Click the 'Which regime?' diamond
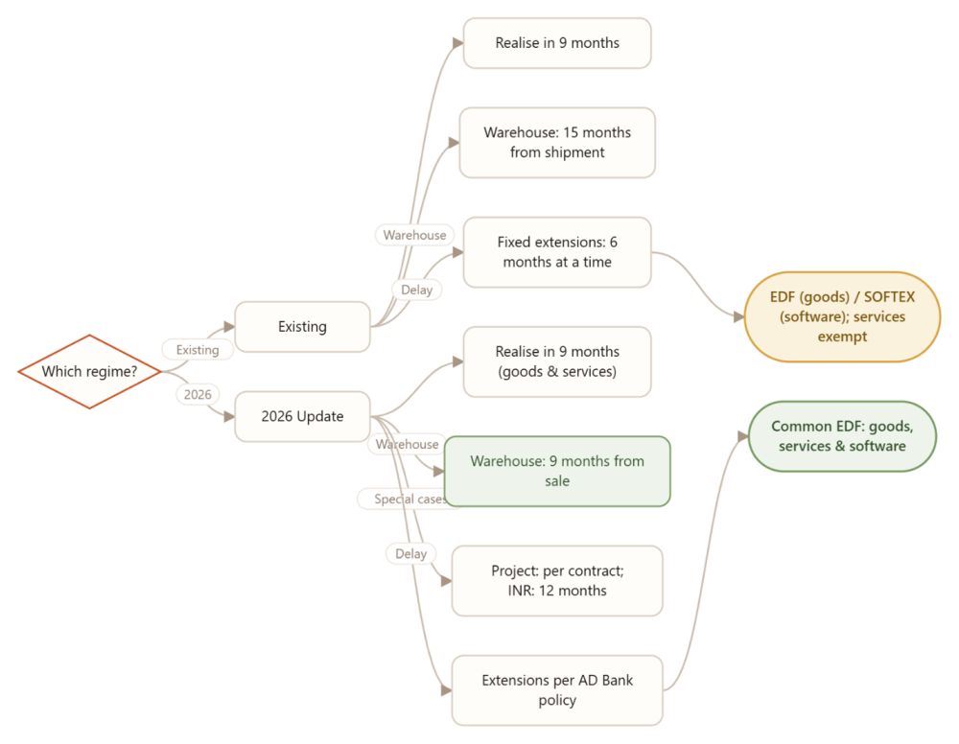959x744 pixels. pos(89,371)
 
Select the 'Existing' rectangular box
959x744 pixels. pos(302,326)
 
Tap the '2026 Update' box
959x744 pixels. pos(302,416)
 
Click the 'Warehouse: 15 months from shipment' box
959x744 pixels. pos(557,143)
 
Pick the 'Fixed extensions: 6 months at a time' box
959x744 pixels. pos(557,252)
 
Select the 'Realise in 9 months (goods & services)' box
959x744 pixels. pos(557,361)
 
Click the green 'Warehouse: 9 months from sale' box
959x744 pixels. pos(557,471)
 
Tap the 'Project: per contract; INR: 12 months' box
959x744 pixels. pos(557,581)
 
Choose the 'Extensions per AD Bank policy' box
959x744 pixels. pos(557,690)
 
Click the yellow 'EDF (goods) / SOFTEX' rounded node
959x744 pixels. pos(842,316)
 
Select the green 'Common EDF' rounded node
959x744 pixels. pos(842,436)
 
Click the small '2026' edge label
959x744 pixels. pos(198,394)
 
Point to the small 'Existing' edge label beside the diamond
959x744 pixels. pos(198,350)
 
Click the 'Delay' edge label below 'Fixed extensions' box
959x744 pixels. pos(416,290)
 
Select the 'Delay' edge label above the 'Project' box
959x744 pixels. pos(410,554)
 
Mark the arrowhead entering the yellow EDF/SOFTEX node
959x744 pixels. pos(738,316)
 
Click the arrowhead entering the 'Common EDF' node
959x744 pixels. pos(743,436)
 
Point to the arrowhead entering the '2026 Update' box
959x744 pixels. pos(229,416)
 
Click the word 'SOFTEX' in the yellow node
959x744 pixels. pos(889,297)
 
